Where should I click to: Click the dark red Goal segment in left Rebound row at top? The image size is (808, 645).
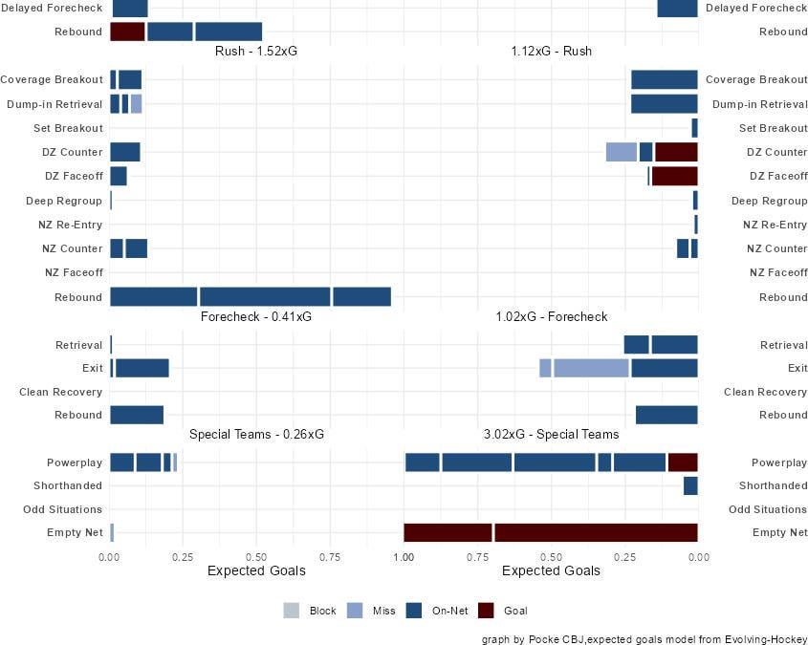pyautogui.click(x=127, y=32)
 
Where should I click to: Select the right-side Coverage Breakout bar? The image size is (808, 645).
pyautogui.click(x=664, y=80)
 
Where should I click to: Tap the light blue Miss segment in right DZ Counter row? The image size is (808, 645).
pyautogui.click(x=622, y=152)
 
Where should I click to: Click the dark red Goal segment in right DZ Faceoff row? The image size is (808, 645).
pyautogui.click(x=674, y=176)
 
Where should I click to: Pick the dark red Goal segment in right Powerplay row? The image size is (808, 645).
pyautogui.click(x=683, y=462)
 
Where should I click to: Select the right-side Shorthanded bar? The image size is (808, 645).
pyautogui.click(x=690, y=486)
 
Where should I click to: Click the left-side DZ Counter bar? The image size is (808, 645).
pyautogui.click(x=125, y=152)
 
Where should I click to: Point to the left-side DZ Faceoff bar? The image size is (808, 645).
pyautogui.click(x=119, y=176)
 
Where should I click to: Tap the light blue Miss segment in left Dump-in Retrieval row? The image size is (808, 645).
pyautogui.click(x=137, y=104)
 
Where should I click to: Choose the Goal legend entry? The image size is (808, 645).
pyautogui.click(x=502, y=611)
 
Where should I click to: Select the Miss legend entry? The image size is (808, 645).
pyautogui.click(x=371, y=611)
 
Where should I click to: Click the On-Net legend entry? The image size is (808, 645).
pyautogui.click(x=436, y=611)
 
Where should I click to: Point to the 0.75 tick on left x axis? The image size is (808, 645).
pyautogui.click(x=330, y=555)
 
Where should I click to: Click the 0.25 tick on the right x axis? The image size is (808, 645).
pyautogui.click(x=624, y=555)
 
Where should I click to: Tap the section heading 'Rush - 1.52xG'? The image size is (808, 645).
pyautogui.click(x=256, y=51)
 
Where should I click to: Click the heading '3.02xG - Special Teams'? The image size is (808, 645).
pyautogui.click(x=551, y=434)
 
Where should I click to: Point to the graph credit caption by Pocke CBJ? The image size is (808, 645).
pyautogui.click(x=644, y=639)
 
